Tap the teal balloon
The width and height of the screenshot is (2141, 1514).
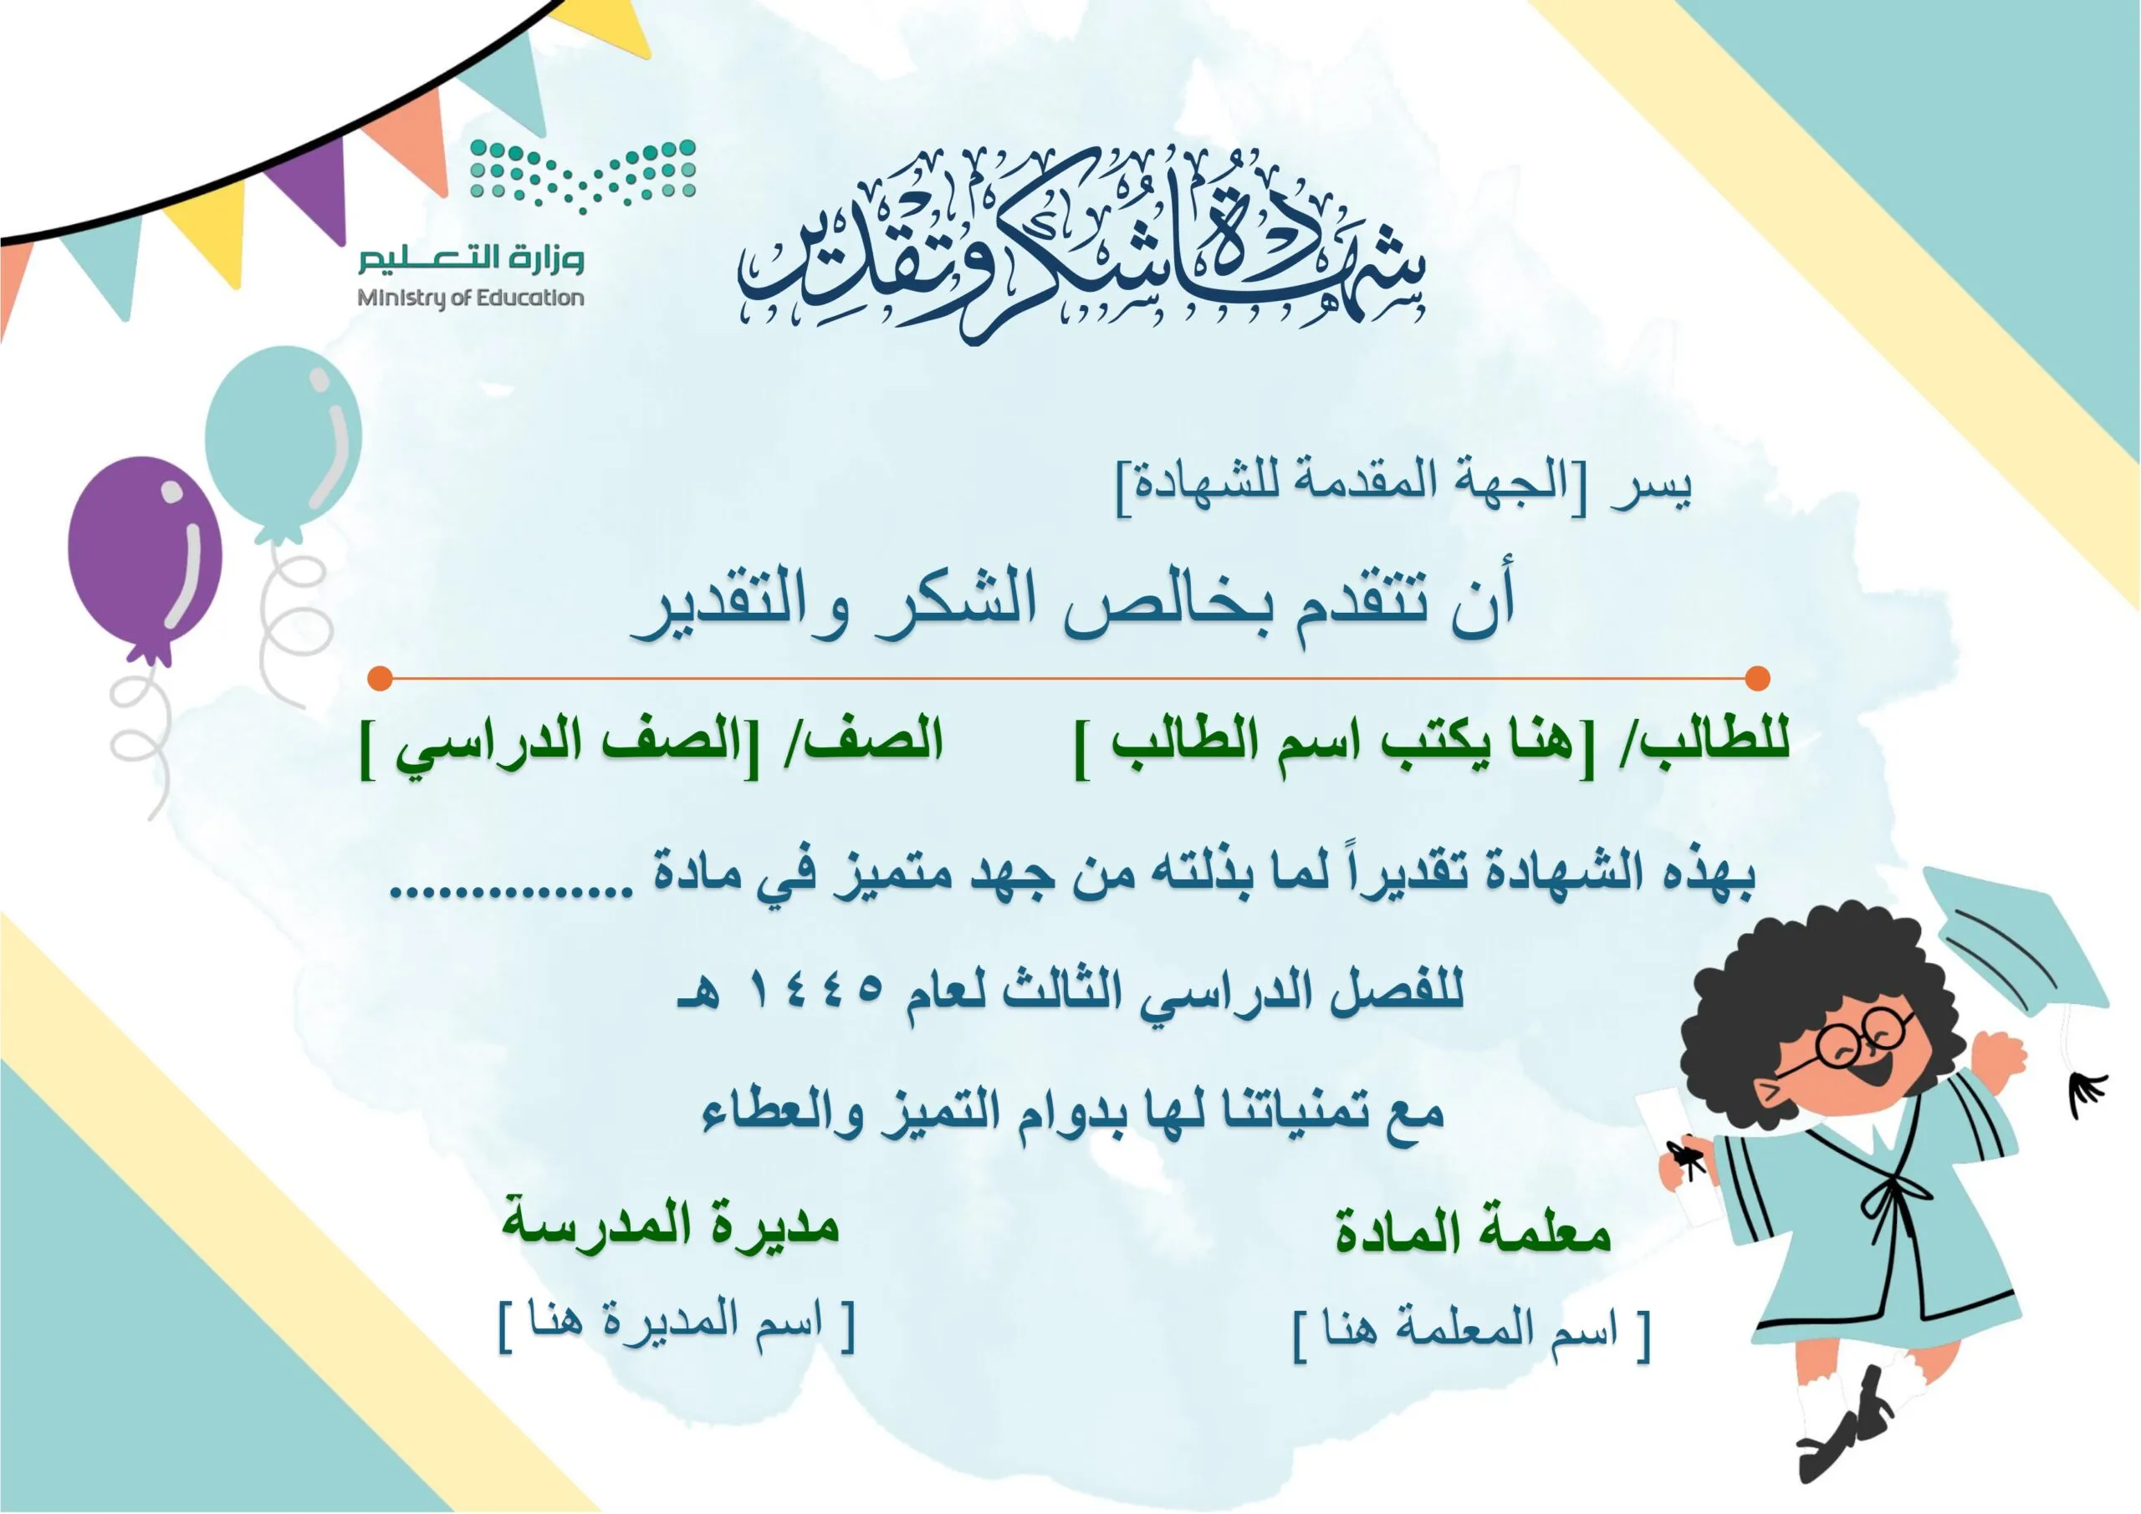(283, 442)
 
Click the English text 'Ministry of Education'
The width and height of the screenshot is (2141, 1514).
(471, 298)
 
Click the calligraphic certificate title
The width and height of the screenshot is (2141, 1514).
(1081, 244)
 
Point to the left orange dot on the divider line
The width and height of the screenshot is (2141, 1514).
(380, 679)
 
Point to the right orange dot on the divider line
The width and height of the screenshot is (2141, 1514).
(1757, 679)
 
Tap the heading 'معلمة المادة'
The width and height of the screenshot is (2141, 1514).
(1473, 1231)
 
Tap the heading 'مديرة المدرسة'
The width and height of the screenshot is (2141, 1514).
(672, 1223)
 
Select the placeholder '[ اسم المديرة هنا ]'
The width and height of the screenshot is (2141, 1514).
(677, 1324)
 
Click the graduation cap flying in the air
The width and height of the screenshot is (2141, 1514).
(2014, 941)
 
